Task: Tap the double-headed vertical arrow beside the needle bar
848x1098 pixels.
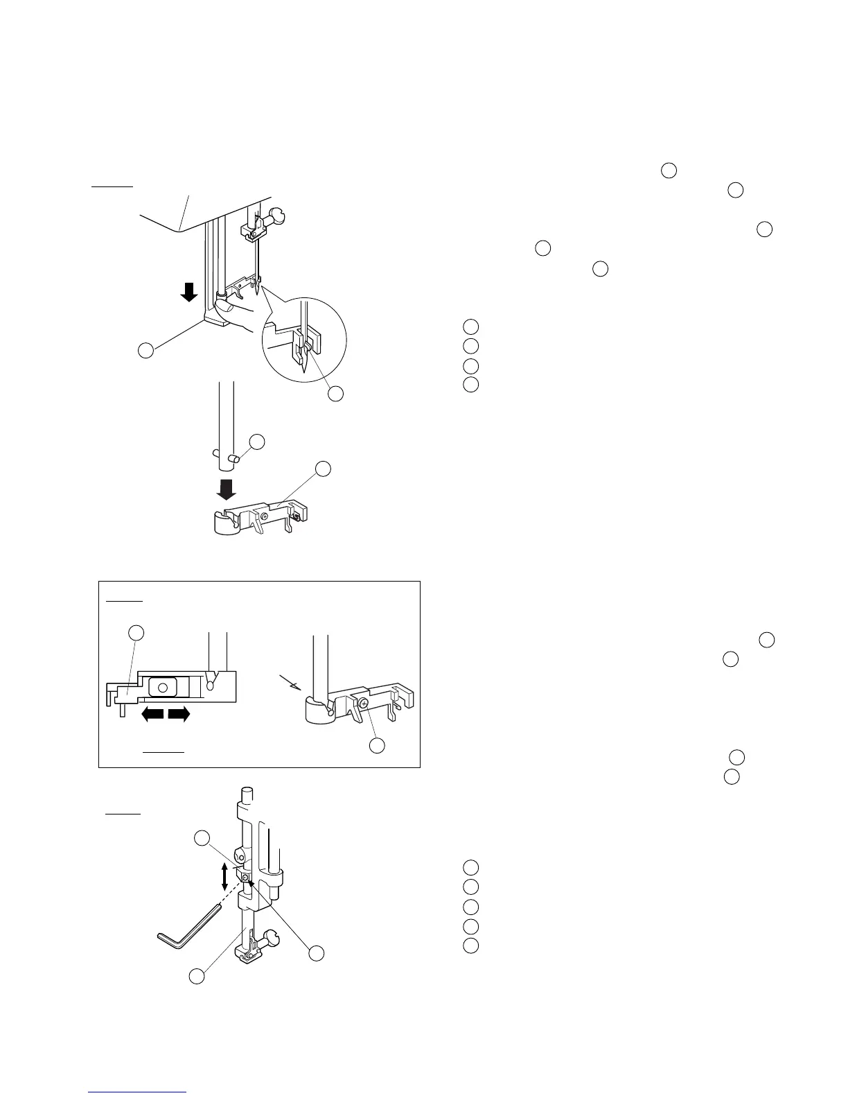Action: [x=224, y=877]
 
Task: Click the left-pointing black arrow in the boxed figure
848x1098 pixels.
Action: [x=152, y=715]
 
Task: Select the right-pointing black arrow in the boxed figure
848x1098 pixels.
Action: [x=178, y=715]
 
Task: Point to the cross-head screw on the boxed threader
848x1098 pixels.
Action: [x=364, y=704]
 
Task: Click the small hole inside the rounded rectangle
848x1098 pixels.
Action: [x=163, y=688]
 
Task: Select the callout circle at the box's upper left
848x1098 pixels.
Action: [x=137, y=631]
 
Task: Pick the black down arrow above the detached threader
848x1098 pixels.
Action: [x=226, y=489]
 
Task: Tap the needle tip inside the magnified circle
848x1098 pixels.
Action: [x=303, y=367]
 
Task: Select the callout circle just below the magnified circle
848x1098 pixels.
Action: [x=335, y=393]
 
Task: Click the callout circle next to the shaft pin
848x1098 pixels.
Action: [x=257, y=441]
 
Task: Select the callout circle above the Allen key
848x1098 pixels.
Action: [x=201, y=839]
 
